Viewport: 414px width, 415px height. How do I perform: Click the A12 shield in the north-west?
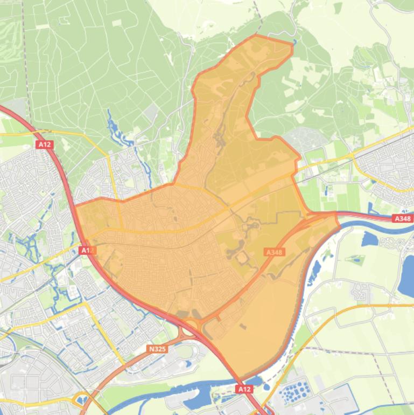pyautogui.click(x=45, y=144)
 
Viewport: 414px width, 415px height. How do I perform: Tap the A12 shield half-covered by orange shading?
pyautogui.click(x=87, y=251)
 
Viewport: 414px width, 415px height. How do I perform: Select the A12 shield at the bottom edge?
pyautogui.click(x=244, y=389)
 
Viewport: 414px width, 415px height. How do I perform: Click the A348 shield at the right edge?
pyautogui.click(x=402, y=219)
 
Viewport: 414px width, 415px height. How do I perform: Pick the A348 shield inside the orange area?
pyautogui.click(x=275, y=252)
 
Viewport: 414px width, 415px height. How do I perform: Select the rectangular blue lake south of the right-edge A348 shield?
pyautogui.click(x=371, y=238)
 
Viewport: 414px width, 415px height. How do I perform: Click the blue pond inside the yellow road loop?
pyautogui.click(x=82, y=400)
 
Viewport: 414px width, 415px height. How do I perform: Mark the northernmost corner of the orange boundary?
pyautogui.click(x=256, y=35)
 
